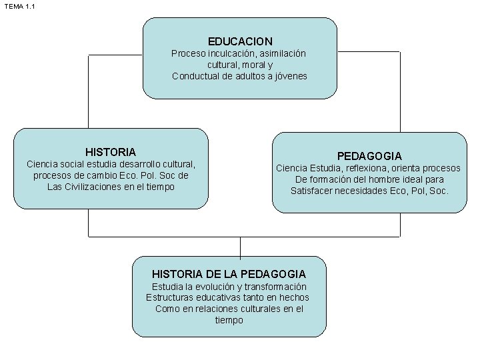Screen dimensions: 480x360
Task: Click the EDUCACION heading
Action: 240,41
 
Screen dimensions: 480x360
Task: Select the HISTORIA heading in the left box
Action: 111,152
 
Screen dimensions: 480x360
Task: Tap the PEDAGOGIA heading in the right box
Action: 369,155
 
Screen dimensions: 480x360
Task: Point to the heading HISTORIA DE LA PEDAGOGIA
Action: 229,274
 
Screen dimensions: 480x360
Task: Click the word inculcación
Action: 231,53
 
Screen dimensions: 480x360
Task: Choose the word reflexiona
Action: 365,168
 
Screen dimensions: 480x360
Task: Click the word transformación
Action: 279,286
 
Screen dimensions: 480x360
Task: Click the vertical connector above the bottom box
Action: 240,247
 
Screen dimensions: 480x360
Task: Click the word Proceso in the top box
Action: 189,53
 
